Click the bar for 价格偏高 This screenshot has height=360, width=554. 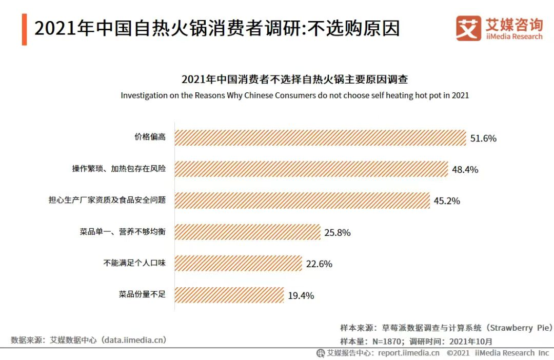tap(320, 138)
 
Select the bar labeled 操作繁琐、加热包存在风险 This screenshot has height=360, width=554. tap(311, 169)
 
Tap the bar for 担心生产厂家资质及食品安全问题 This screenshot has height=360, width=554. tap(302, 201)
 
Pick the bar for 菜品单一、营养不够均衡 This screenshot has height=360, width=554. tap(247, 232)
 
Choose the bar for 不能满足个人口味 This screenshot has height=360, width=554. tap(238, 264)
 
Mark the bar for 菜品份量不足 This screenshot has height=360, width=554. tap(229, 295)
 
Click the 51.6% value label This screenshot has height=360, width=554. tap(483, 138)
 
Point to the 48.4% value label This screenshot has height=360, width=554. tap(465, 170)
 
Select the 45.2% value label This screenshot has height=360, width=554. tap(447, 201)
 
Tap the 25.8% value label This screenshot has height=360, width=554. tap(338, 233)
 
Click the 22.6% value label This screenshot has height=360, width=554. tap(319, 264)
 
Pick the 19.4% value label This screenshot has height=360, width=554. tap(301, 295)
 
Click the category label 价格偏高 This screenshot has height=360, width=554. tap(150, 137)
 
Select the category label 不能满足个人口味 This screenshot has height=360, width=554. tap(134, 263)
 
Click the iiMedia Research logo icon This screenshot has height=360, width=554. tap(468, 28)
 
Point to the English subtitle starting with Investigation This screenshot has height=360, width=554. tap(295, 95)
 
